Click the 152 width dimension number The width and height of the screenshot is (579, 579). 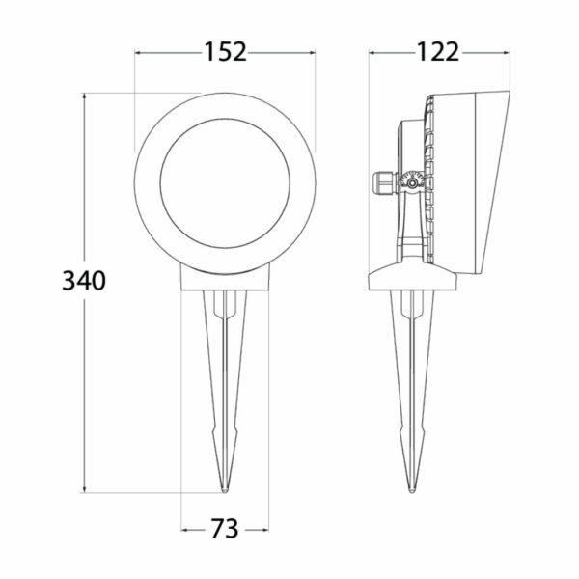[x=225, y=52]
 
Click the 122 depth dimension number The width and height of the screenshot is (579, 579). [x=438, y=52]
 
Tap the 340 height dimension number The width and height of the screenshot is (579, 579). [x=84, y=281]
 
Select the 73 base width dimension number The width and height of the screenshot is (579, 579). [x=225, y=529]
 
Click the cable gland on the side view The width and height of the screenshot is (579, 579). [x=385, y=182]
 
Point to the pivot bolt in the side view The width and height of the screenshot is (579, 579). [x=411, y=182]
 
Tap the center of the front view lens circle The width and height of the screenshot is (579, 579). [x=225, y=183]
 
